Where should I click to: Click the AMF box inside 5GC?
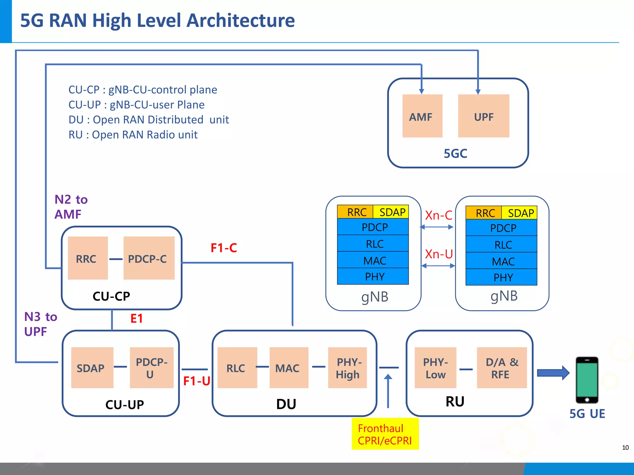422,116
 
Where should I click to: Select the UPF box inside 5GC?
484,116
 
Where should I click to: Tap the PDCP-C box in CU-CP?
149,258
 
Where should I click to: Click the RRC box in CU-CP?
88,258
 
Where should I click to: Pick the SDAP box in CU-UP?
92,368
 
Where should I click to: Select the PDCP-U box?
151,368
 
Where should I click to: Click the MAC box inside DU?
289,368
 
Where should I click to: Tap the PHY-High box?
347,368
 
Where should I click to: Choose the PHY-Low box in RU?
435,368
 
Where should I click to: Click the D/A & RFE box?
502,368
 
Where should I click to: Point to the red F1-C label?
224,248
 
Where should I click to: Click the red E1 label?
137,319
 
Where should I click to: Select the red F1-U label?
197,381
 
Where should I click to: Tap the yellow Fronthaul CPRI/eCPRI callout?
385,434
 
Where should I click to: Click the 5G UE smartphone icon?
587,380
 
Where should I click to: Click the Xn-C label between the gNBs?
438,215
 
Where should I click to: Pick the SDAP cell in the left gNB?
392,212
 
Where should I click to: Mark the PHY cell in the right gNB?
503,277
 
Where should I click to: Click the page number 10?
625,447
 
